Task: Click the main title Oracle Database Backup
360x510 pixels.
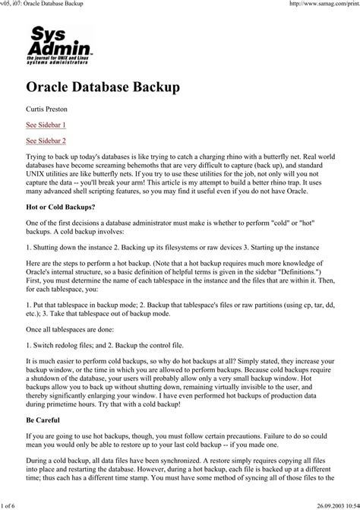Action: coord(103,87)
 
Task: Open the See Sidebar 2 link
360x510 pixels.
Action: coord(46,141)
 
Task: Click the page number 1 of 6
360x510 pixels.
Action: coord(14,504)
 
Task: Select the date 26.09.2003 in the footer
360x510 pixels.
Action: coord(318,504)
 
